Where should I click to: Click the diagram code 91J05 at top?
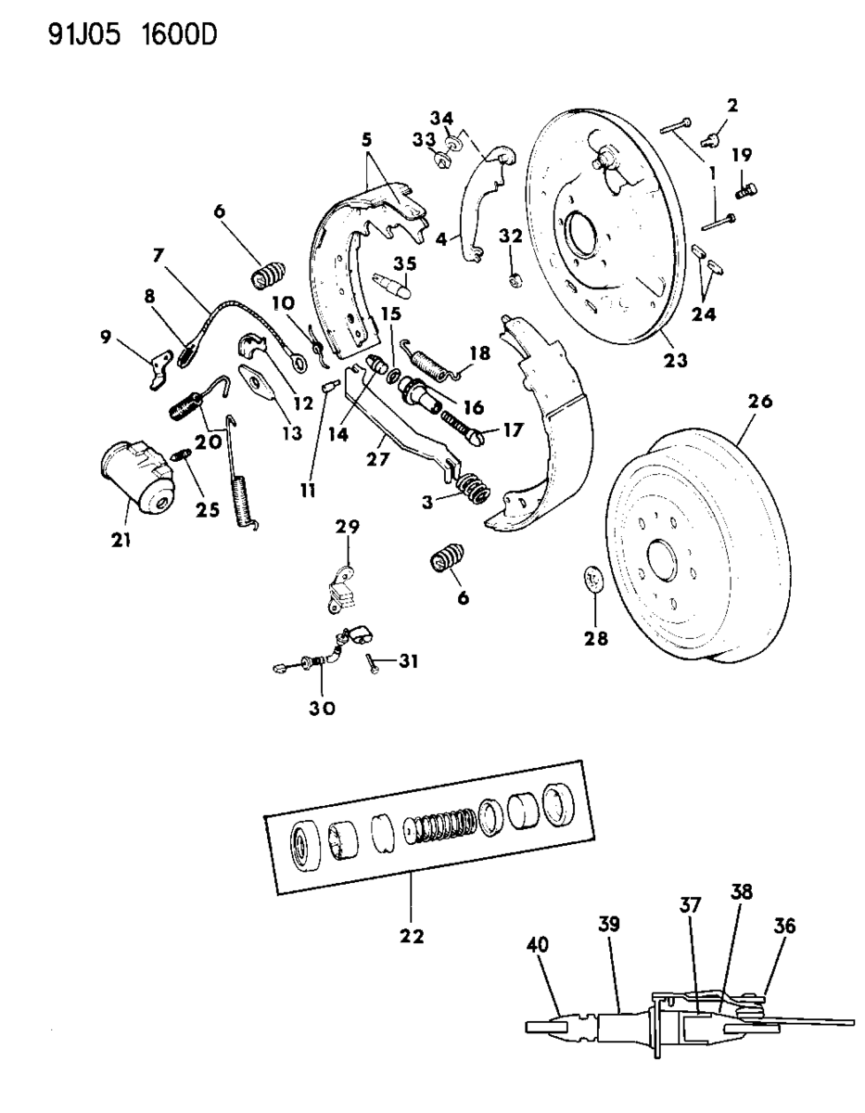point(84,35)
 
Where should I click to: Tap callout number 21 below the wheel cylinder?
point(121,541)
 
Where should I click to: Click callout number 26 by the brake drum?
point(760,402)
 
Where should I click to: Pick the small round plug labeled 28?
point(593,579)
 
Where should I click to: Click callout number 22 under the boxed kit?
point(412,936)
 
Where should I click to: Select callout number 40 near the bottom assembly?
point(537,945)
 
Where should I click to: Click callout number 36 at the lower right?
point(784,926)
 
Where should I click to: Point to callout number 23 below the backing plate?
point(676,360)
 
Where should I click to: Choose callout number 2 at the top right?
point(732,106)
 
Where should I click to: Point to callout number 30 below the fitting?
point(322,708)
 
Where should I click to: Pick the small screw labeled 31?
point(373,663)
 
